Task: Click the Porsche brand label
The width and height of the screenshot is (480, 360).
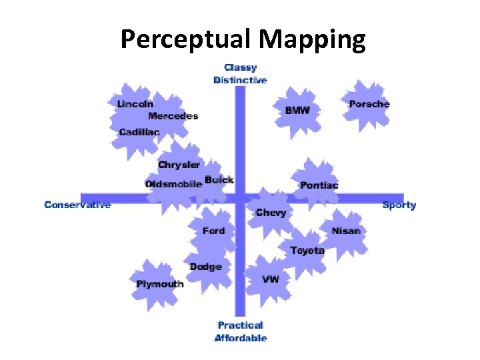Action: [369, 104]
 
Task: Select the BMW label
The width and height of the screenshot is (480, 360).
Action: [297, 110]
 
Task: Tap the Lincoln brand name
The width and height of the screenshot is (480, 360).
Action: [135, 104]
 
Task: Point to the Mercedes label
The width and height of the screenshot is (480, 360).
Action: [173, 116]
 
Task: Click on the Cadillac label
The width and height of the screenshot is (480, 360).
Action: [139, 132]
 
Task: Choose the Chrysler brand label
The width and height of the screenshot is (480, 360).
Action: [179, 165]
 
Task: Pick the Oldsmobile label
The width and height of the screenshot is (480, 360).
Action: [173, 184]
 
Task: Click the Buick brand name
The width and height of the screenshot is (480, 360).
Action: [219, 180]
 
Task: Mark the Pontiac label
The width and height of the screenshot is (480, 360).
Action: [319, 185]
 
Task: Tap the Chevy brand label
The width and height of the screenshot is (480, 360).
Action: [271, 213]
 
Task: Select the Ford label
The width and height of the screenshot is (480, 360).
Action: [214, 231]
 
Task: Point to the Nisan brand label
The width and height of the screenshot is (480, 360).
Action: [345, 231]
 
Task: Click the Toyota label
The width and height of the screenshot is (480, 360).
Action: [307, 251]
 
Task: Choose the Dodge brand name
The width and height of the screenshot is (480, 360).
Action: [205, 267]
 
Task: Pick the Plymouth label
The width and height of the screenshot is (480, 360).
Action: [160, 284]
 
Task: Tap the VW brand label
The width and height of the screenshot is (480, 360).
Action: [271, 279]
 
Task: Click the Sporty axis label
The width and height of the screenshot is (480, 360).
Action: [399, 205]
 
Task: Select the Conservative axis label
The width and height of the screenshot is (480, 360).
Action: [77, 205]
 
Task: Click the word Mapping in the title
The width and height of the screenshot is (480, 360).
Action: [312, 40]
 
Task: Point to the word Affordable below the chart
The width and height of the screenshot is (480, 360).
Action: [241, 338]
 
